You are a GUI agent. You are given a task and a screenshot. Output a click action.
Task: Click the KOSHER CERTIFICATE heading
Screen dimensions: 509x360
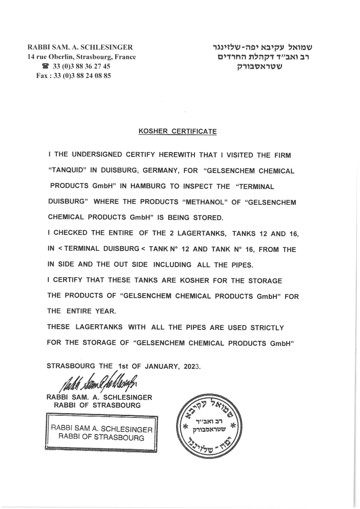pyautogui.click(x=177, y=131)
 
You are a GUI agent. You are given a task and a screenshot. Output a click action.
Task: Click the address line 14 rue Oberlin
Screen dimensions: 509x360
pyautogui.click(x=82, y=57)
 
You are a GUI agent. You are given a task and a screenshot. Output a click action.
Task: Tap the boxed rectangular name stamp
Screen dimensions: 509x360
pyautogui.click(x=102, y=434)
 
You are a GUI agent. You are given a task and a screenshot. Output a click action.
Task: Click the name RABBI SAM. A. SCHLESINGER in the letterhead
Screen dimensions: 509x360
pyautogui.click(x=80, y=47)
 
